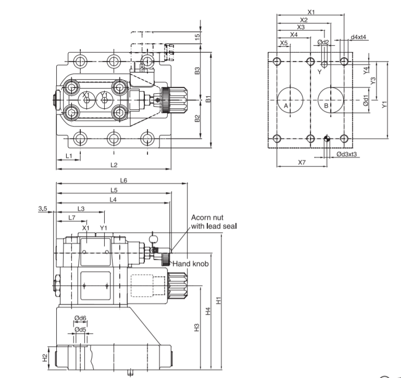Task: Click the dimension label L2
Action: [114, 165]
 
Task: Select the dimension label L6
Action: [123, 180]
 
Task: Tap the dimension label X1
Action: [311, 11]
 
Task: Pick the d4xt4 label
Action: [358, 37]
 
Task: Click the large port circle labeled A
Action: [290, 99]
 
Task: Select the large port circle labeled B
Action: [330, 99]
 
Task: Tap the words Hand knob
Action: [191, 264]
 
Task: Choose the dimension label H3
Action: [197, 327]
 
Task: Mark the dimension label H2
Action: [45, 357]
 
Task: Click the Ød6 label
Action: [80, 318]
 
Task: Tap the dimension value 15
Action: [197, 37]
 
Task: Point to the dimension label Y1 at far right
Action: [385, 104]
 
